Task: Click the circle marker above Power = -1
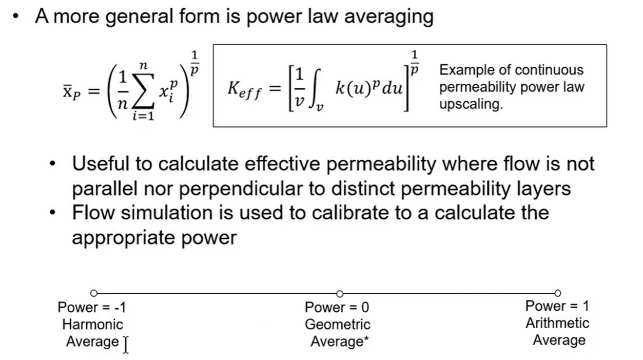point(94,293)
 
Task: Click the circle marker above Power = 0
point(340,294)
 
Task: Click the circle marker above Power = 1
point(557,293)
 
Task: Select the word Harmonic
point(93,325)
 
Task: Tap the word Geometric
point(338,325)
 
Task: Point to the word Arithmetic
point(557,323)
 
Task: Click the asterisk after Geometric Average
point(366,338)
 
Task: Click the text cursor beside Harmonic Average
point(126,345)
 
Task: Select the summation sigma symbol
point(143,91)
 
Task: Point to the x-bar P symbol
point(72,92)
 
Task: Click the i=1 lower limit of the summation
point(143,116)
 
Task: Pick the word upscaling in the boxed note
point(471,104)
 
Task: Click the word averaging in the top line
point(388,17)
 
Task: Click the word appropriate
point(123,238)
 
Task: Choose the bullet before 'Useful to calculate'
point(52,164)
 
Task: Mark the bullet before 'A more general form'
point(16,16)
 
